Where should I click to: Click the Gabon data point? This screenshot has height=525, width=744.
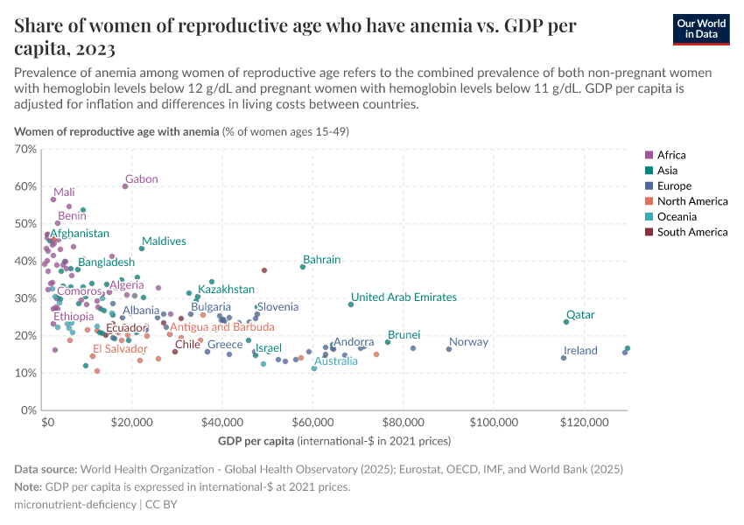point(125,186)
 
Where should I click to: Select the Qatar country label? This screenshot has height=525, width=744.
point(580,315)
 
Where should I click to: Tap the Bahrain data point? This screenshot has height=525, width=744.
point(303,267)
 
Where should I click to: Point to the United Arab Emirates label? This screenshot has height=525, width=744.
point(404,297)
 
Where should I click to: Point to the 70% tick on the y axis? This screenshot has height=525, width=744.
point(25,150)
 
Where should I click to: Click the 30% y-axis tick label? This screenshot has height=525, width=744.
point(25,298)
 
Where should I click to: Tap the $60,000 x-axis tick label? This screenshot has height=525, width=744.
point(312,422)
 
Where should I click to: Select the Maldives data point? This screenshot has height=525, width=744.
point(142,248)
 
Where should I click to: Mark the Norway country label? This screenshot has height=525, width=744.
point(468,342)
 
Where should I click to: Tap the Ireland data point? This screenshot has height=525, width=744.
point(564,358)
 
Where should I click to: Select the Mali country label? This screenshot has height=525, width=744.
point(64,192)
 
